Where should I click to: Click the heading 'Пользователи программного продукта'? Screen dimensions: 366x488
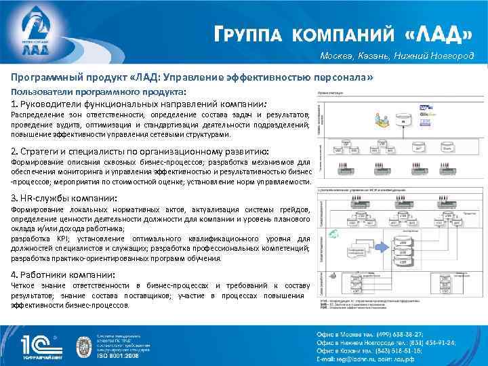[x=99, y=91]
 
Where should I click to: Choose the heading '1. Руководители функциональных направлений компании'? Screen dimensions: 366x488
[x=139, y=104]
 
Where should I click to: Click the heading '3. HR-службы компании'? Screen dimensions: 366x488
[x=64, y=198]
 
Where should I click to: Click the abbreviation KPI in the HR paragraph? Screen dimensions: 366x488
[x=64, y=239]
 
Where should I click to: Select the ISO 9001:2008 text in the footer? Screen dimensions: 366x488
[x=134, y=354]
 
